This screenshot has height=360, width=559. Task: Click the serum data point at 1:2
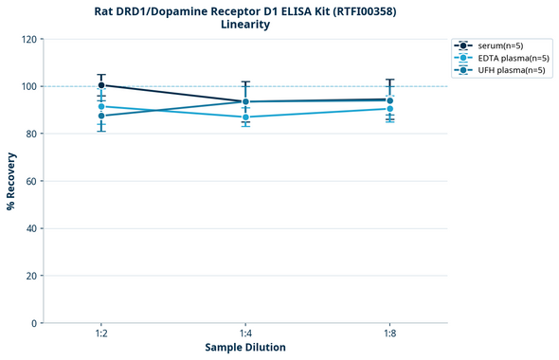[101, 85]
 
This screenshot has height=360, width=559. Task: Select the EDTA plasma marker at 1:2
[101, 106]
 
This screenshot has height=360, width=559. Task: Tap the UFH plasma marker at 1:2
[101, 116]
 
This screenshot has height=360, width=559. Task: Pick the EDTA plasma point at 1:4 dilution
[245, 117]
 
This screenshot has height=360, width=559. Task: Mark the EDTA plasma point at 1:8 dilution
[389, 109]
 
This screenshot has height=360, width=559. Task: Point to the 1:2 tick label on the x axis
[101, 334]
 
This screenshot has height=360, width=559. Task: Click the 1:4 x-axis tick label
[245, 334]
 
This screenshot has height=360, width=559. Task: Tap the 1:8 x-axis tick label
[389, 334]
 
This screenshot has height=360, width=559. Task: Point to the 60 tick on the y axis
[31, 181]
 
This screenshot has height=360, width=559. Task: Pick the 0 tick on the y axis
[34, 323]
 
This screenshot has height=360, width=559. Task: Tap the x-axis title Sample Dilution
[245, 348]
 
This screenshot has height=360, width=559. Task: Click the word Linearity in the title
[245, 25]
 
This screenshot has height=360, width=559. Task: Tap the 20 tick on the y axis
[31, 276]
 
